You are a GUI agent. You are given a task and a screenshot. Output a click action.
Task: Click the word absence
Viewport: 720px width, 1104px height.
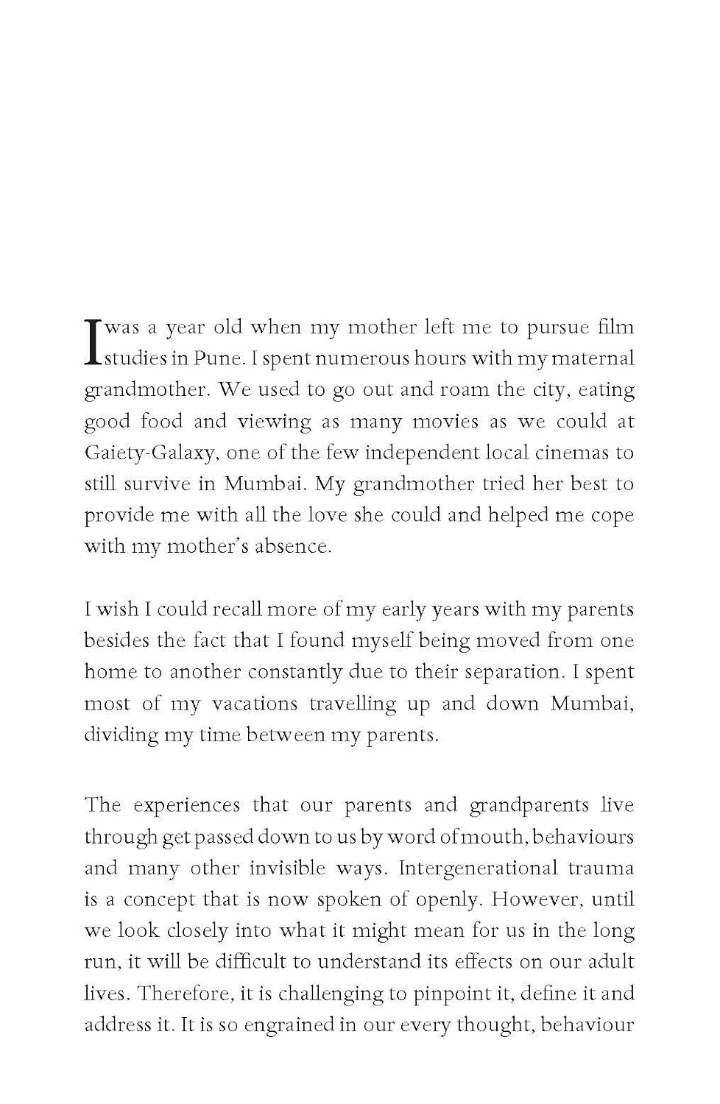pos(292,547)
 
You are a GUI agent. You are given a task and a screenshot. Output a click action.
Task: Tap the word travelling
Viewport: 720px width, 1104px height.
pos(352,704)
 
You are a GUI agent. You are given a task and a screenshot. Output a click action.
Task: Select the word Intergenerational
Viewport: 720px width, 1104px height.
pos(478,868)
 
